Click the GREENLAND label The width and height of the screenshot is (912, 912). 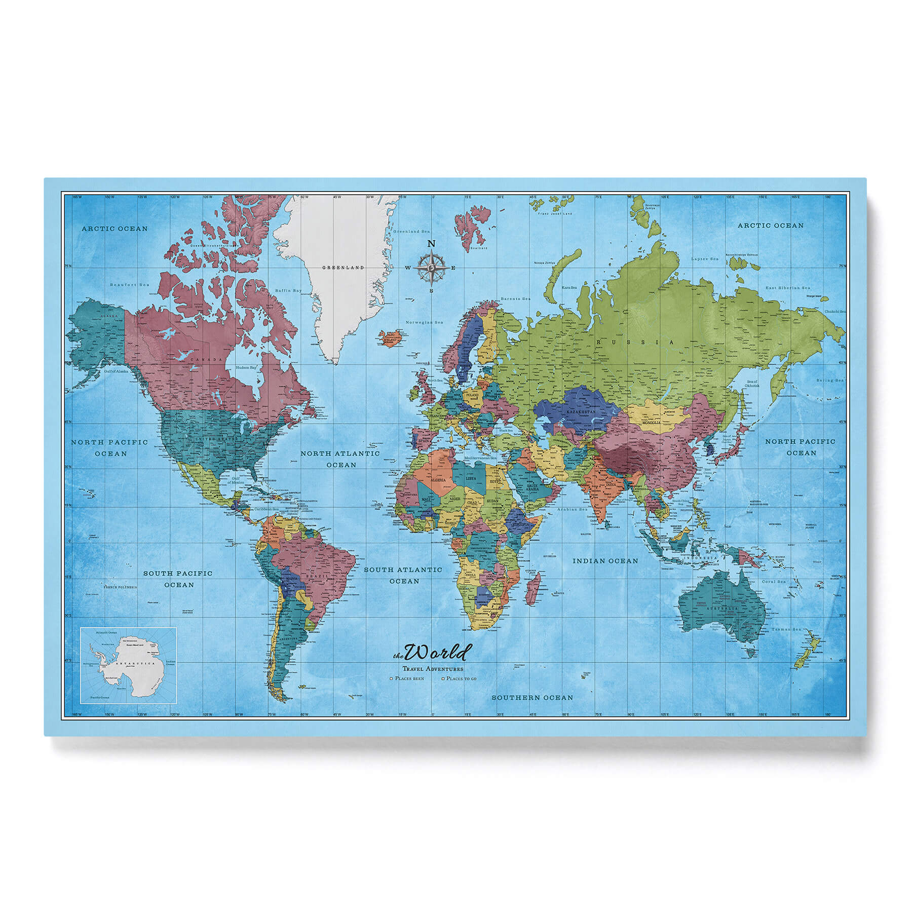[x=344, y=267]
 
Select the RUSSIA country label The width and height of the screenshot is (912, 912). [x=635, y=343]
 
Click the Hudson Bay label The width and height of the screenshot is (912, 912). [x=245, y=367]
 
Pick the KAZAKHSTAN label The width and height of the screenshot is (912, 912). [x=581, y=412]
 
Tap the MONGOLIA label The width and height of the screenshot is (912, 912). [x=651, y=422]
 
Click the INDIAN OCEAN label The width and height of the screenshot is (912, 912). [x=605, y=561]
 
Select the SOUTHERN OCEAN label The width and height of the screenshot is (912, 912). [x=533, y=698]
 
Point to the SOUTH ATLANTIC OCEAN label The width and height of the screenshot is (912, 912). [x=403, y=575]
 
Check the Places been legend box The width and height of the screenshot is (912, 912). [x=391, y=678]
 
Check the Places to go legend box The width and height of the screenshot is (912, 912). [x=443, y=678]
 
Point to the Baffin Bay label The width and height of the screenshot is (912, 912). [x=288, y=291]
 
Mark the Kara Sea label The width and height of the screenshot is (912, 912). [x=569, y=287]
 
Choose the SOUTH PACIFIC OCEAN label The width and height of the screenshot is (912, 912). [x=178, y=579]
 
